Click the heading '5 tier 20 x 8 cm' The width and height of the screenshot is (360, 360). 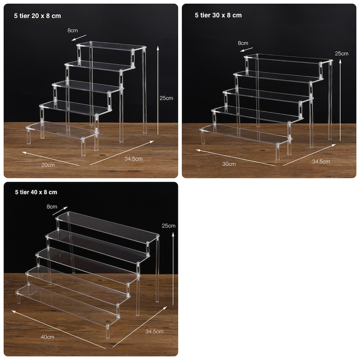[38, 16]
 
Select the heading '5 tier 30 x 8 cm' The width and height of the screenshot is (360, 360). [218, 15]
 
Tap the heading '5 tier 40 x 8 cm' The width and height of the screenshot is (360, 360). [35, 192]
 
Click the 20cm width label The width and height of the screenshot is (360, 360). [48, 165]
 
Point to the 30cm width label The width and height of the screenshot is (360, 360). [229, 163]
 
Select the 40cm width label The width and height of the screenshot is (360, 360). [47, 337]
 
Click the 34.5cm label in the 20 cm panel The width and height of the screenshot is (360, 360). [133, 158]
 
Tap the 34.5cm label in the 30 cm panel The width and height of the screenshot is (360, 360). [321, 161]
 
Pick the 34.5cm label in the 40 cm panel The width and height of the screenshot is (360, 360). [154, 331]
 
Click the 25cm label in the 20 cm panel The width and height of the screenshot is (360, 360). [166, 97]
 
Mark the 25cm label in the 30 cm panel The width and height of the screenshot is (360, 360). [341, 54]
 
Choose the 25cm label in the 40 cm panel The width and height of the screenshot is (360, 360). [168, 225]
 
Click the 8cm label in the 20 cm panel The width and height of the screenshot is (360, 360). [73, 31]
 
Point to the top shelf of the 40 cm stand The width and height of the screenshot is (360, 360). [107, 225]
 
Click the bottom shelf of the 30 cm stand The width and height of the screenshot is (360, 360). [245, 134]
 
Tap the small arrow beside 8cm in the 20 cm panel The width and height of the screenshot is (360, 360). [79, 37]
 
